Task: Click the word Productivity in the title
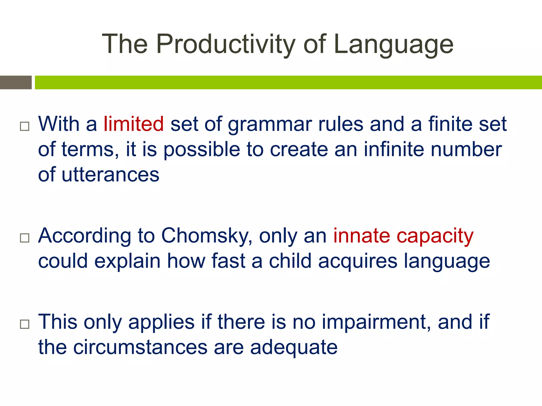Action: (x=226, y=44)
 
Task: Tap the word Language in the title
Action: (x=394, y=44)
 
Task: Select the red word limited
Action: (x=134, y=124)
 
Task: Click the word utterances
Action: (x=110, y=175)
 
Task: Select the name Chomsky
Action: (x=206, y=236)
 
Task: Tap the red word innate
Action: (x=362, y=236)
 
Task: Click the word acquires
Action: (x=358, y=261)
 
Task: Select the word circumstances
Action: (x=140, y=347)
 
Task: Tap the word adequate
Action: (x=294, y=347)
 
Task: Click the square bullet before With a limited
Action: (x=25, y=126)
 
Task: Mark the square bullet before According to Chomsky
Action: (x=25, y=238)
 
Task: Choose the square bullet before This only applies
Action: (x=25, y=324)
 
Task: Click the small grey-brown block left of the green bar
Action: (x=16, y=82)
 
